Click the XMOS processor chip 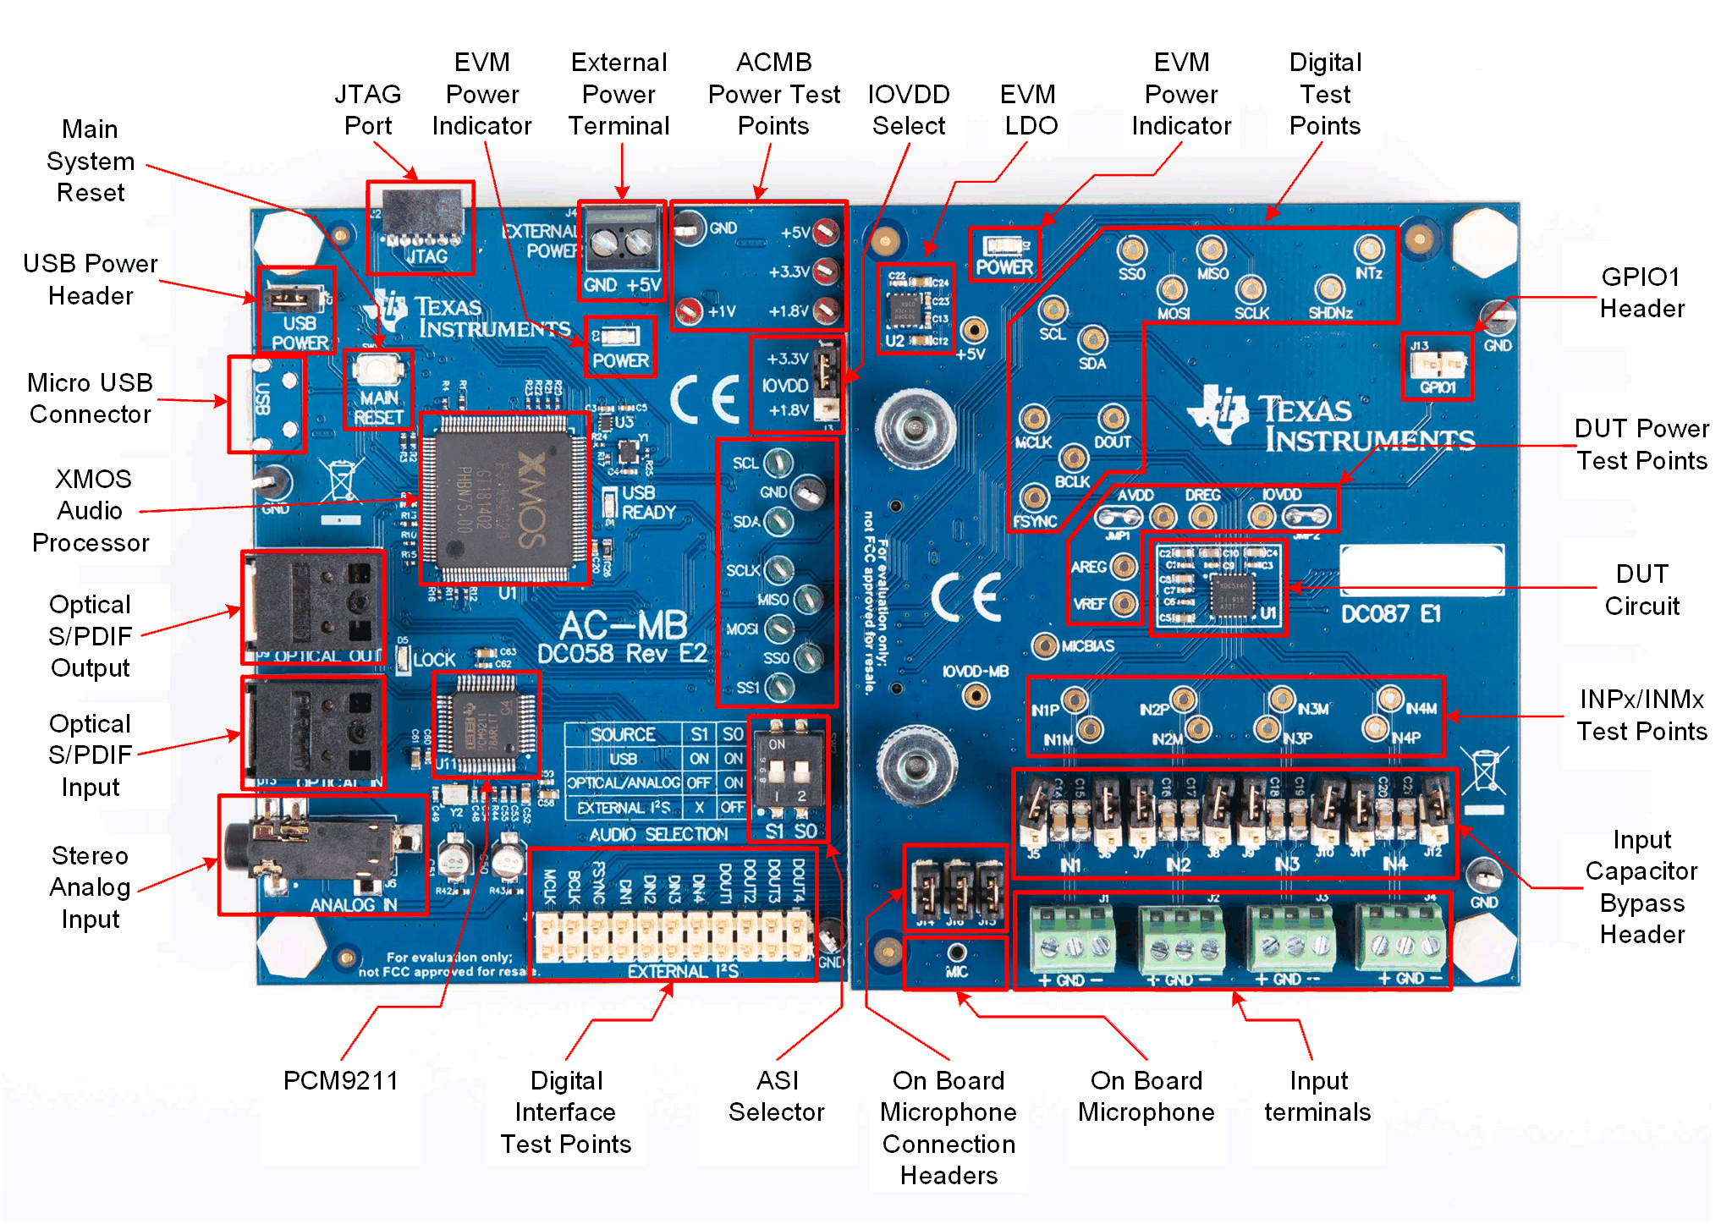pyautogui.click(x=504, y=498)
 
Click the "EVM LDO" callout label pyautogui.click(x=1030, y=110)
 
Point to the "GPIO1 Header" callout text pyautogui.click(x=1641, y=293)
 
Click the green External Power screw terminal pyautogui.click(x=621, y=244)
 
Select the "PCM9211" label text pyautogui.click(x=340, y=1080)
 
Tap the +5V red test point pyautogui.click(x=825, y=231)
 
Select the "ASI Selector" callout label pyautogui.click(x=776, y=1095)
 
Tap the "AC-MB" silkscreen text pyautogui.click(x=623, y=626)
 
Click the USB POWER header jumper pyautogui.click(x=295, y=299)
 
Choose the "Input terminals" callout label pyautogui.click(x=1317, y=1095)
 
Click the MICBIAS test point pyautogui.click(x=1046, y=645)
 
